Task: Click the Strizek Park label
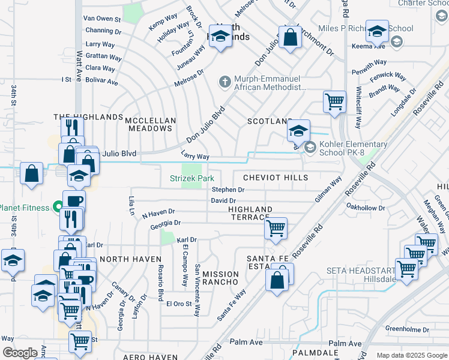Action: point(191,178)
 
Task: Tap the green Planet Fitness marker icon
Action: point(58,209)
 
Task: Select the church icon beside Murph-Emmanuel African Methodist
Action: point(225,82)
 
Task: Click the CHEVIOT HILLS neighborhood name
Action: point(276,178)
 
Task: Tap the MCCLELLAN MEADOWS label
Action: point(151,125)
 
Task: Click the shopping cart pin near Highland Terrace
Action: point(276,228)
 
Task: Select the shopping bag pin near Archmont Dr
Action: point(290,37)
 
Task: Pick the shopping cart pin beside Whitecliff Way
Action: point(334,101)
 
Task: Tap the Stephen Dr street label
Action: point(228,190)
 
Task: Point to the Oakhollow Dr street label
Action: point(365,208)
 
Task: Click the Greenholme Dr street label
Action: point(406,328)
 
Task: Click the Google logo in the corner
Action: point(20,353)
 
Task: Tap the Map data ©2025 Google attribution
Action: point(411,355)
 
